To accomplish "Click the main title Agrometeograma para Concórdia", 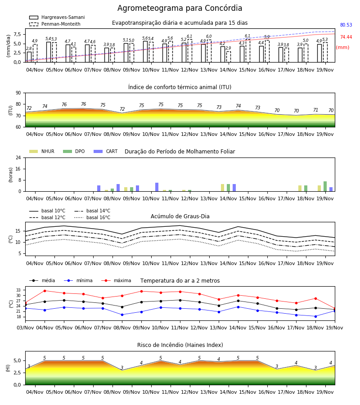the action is click(x=180, y=8).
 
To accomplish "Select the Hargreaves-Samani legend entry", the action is click(x=57, y=17).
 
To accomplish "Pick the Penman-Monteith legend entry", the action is click(x=55, y=24).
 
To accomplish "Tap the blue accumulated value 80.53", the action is click(x=346, y=25).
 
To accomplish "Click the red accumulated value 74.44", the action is click(x=346, y=37).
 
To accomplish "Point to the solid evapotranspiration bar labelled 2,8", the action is click(x=29, y=57).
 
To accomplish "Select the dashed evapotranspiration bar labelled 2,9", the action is click(x=228, y=57).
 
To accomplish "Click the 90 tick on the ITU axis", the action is click(x=18, y=93).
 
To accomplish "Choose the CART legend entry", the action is click(x=106, y=151).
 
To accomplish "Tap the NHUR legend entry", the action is click(x=41, y=151).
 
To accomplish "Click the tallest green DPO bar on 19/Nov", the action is click(x=325, y=186).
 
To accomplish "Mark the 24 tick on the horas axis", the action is click(x=18, y=157).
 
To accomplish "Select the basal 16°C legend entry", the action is click(x=92, y=217).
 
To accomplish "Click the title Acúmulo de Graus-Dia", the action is click(x=180, y=216).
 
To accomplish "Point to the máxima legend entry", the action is click(x=116, y=280).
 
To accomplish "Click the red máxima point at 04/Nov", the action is click(x=45, y=291).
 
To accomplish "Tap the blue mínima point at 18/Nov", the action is click(x=315, y=316).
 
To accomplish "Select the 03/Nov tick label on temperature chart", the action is click(x=25, y=328).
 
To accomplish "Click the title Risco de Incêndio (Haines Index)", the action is click(x=180, y=345).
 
